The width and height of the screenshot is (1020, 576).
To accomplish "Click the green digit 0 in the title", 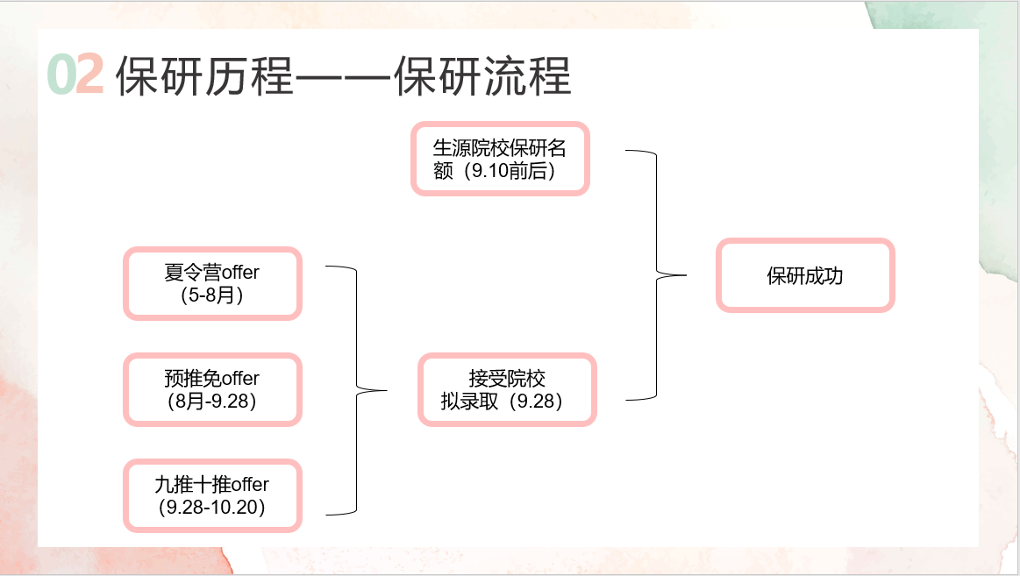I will coord(61,75).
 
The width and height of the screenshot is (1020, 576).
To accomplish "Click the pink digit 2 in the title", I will coord(90,75).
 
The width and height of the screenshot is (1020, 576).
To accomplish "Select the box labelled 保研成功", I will coord(805,275).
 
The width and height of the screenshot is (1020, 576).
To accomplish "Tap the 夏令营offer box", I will coord(212,283).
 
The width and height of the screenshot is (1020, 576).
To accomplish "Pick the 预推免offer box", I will coord(212,389).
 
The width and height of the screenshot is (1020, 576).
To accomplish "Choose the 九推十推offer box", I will coord(212,494).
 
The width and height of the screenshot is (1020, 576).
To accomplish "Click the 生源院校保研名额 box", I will coord(500,159).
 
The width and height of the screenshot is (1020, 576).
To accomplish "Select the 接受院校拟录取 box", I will coord(507,389).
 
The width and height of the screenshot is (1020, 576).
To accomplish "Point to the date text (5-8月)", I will coord(211,295).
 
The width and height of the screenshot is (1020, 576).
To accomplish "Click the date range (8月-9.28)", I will coord(211,401).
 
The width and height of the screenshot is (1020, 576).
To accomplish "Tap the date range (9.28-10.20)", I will coord(211,507).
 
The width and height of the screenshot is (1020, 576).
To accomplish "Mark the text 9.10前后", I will coord(512,171).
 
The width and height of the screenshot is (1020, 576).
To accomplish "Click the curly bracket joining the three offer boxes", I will coord(358,389).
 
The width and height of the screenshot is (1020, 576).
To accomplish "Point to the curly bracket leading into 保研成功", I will coord(658,275).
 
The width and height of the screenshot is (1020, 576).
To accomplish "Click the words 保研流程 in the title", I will coord(483,76).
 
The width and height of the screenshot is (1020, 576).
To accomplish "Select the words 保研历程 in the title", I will coord(203,76).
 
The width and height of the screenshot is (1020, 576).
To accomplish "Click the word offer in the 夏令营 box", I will coord(239,273).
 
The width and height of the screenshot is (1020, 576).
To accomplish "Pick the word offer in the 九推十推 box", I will coord(248,485).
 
